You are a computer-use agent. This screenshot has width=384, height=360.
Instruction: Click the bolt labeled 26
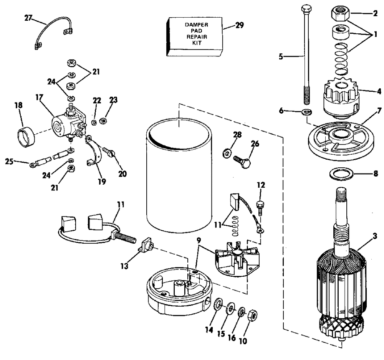tap(240, 161)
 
